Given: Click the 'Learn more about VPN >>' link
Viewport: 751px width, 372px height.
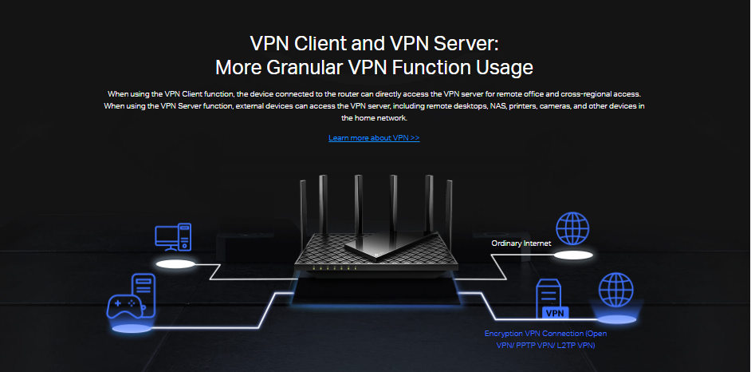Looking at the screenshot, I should [x=374, y=138].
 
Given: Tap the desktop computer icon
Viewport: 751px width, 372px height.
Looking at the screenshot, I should [x=173, y=238].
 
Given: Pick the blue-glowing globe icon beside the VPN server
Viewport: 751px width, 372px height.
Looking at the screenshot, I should [x=615, y=291].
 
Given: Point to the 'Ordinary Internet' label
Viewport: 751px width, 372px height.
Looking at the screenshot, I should [x=521, y=243].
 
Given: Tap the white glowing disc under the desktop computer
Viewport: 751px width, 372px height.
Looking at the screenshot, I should [x=175, y=263].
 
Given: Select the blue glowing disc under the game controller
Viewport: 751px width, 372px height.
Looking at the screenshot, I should [x=132, y=327].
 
